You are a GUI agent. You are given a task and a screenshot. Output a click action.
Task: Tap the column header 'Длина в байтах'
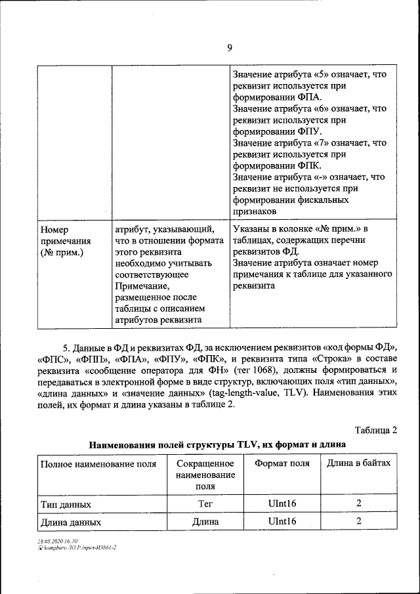358,463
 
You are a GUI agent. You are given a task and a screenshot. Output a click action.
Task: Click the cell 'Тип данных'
66,504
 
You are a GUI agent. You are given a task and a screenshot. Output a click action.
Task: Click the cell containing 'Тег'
205,504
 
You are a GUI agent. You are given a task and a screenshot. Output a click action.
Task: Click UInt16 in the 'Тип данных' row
282,504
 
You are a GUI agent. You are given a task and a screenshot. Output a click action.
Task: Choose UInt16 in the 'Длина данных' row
282,522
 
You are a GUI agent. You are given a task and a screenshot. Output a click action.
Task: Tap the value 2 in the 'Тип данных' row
359,504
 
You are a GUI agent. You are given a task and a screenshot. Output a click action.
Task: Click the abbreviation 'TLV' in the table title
240,445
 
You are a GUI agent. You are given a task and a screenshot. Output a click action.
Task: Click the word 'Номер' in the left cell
54,230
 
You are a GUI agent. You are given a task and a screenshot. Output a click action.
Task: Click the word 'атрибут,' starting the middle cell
133,230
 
